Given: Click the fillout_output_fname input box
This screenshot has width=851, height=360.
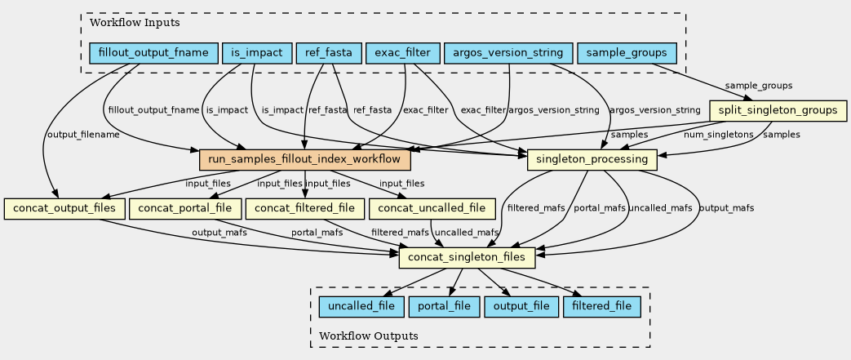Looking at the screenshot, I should [x=153, y=54].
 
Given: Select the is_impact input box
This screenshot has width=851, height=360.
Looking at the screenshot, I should [x=256, y=54].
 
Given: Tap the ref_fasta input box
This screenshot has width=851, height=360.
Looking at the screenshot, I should [x=329, y=54].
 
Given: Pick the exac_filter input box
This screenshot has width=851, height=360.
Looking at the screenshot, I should [x=404, y=54].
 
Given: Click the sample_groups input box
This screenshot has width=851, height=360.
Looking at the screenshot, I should [x=627, y=54].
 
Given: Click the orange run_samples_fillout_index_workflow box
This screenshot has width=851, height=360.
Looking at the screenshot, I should [x=303, y=158].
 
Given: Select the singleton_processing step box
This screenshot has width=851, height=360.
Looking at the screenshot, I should [x=593, y=158].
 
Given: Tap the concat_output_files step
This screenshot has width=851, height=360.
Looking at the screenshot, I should [x=64, y=208].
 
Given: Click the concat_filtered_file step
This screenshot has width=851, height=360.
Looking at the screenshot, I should [x=304, y=208].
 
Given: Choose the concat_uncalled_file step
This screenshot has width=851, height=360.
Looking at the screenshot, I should [x=432, y=208].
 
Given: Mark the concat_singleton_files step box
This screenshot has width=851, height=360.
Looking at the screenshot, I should [x=467, y=258].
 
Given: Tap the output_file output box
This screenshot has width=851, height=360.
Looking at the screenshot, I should [x=521, y=306].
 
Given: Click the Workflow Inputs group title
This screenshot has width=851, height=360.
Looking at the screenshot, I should [x=124, y=23].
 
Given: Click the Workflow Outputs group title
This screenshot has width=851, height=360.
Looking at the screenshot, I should [x=369, y=336].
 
